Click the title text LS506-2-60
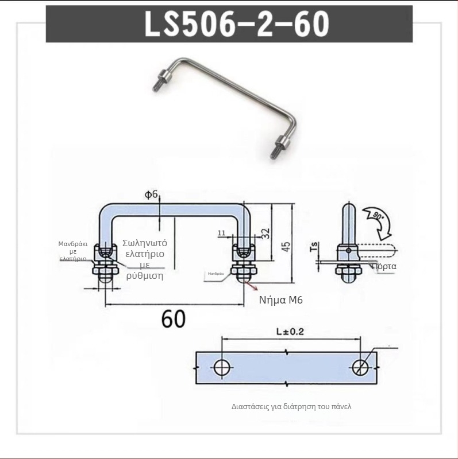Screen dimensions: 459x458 229,24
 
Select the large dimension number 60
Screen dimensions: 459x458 173,318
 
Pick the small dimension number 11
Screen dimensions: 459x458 221,233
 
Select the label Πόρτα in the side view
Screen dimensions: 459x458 384,267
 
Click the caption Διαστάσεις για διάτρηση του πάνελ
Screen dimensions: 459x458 291,406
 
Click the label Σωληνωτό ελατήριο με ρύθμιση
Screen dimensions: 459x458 144,259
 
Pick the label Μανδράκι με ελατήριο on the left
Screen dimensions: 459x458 73,251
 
